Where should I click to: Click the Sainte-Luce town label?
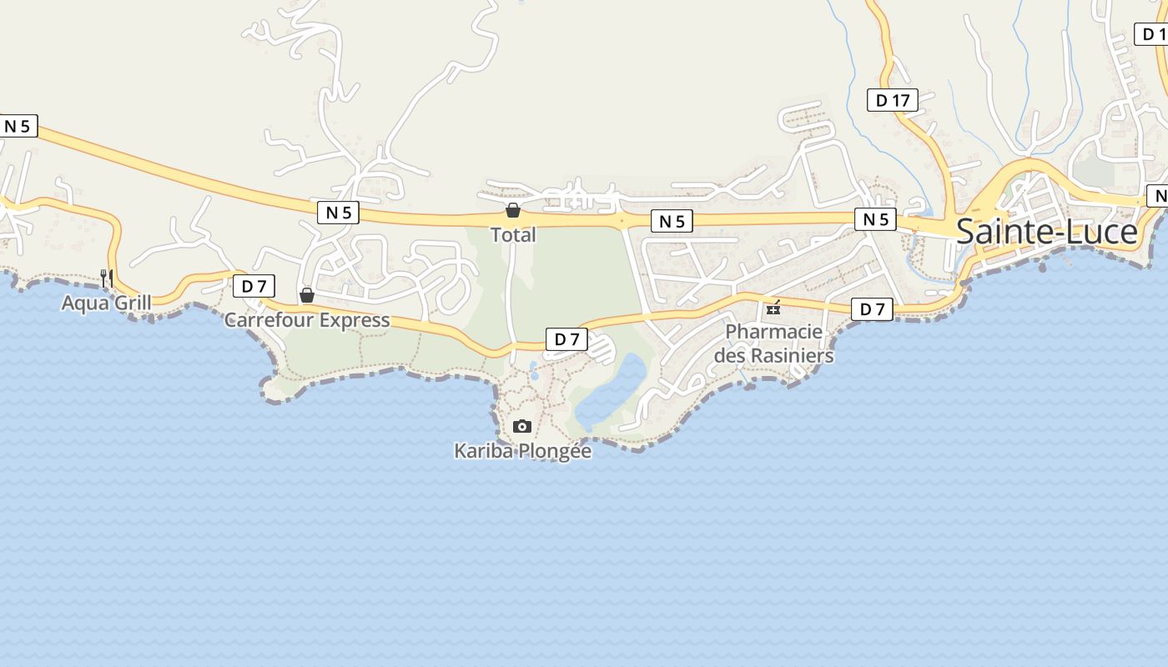tap(1046, 232)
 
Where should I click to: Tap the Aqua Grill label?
tap(107, 302)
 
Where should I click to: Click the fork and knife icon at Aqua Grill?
tap(107, 278)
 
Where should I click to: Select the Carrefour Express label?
tap(307, 320)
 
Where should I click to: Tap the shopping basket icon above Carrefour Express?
tap(307, 295)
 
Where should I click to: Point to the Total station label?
tap(513, 235)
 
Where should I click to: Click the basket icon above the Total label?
tap(513, 210)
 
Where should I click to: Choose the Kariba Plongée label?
tap(522, 451)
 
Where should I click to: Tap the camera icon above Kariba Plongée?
tap(522, 427)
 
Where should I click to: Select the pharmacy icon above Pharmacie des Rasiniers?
tap(774, 308)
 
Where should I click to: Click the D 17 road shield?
tap(892, 101)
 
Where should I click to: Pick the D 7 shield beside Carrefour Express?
tap(254, 286)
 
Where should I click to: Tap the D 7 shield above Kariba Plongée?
tap(566, 339)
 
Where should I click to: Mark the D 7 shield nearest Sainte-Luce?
tap(872, 309)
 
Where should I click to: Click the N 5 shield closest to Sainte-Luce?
tap(875, 219)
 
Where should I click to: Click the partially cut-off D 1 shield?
tap(1153, 34)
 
